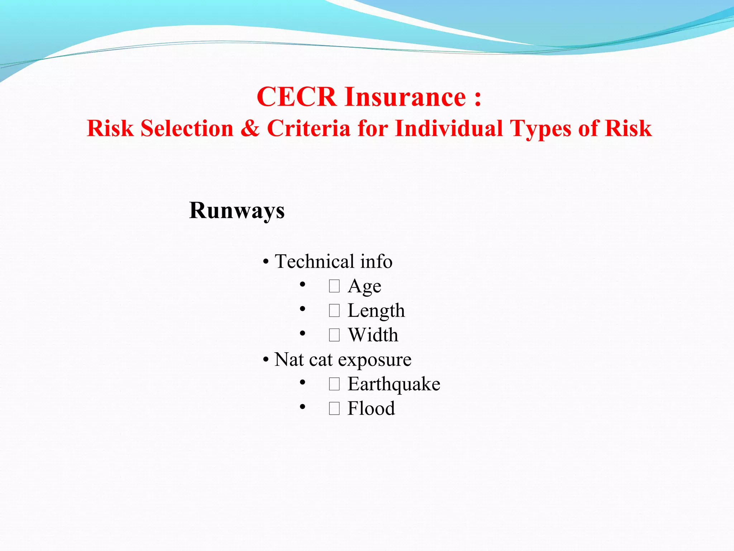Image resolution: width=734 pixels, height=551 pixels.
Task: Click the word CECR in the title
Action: [296, 97]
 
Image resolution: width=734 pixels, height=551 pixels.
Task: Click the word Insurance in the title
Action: [405, 97]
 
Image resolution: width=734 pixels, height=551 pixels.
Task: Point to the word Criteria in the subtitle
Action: [309, 128]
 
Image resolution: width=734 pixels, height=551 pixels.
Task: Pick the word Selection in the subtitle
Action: [187, 128]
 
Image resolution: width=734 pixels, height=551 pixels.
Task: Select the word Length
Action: [376, 311]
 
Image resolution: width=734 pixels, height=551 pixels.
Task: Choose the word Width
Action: [373, 335]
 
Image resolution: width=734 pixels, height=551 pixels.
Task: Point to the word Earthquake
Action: [394, 384]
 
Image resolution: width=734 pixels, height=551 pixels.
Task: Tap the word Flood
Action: [371, 408]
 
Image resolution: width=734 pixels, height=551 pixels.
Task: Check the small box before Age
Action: [334, 286]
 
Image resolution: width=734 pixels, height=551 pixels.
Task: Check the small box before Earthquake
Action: [334, 384]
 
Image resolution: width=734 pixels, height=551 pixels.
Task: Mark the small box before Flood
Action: [334, 409]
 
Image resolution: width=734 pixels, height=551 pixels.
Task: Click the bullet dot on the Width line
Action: [302, 334]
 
